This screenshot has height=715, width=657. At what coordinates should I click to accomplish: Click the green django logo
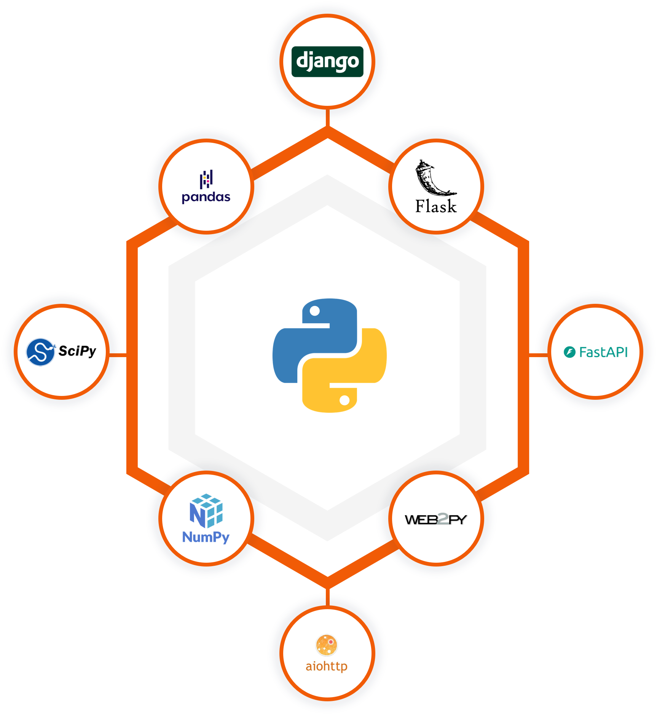coord(327,62)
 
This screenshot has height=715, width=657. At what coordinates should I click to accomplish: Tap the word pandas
coord(206,197)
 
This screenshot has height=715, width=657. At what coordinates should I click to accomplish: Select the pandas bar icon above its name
coord(206,179)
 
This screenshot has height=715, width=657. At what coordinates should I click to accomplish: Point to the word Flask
coord(436,206)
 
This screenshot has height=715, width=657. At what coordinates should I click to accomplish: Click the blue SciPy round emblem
coord(40,352)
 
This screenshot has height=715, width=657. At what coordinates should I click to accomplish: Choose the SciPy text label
coord(77,351)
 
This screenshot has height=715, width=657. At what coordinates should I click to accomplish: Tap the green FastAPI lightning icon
coord(569,352)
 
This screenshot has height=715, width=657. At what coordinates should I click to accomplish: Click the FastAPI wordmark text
coord(603,352)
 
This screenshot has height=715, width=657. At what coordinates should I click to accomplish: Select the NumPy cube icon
coord(206,511)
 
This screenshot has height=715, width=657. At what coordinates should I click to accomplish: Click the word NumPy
coord(206,537)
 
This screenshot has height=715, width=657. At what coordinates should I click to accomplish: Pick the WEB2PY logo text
coord(436,519)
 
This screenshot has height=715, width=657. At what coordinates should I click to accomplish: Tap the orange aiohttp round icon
coord(327,645)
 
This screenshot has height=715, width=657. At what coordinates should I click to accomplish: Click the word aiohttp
coord(327,666)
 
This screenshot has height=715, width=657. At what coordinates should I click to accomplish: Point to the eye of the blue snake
coord(315,311)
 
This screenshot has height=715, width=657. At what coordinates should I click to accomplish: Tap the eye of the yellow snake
coord(344,400)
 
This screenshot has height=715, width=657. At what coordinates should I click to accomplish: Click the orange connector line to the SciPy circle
coord(118,355)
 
